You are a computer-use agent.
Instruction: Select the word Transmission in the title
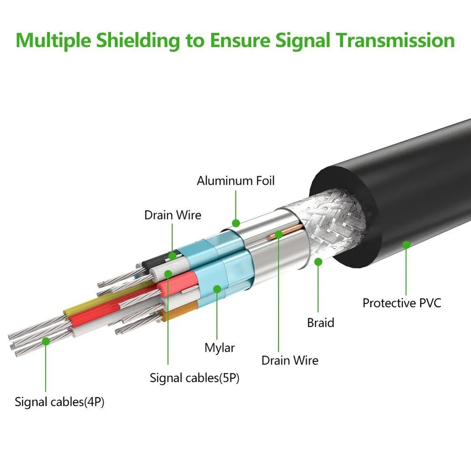pos(395,40)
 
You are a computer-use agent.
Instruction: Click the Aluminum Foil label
pos(235,180)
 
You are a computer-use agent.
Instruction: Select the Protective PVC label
pos(402,302)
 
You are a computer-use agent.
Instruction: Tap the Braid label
pos(320,323)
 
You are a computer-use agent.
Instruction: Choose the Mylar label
pos(219,348)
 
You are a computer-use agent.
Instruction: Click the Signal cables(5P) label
pos(195,377)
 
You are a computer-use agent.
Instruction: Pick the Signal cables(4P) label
pos(59,402)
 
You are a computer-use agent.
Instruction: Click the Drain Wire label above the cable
pos(172,215)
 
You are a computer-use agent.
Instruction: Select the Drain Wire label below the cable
pos(290,360)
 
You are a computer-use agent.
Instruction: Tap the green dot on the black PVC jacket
pos(406,244)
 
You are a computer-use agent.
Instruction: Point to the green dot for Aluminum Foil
pos(235,222)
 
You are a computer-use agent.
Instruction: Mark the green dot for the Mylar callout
pos(217,289)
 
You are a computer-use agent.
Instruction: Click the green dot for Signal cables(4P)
pos(45,341)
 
